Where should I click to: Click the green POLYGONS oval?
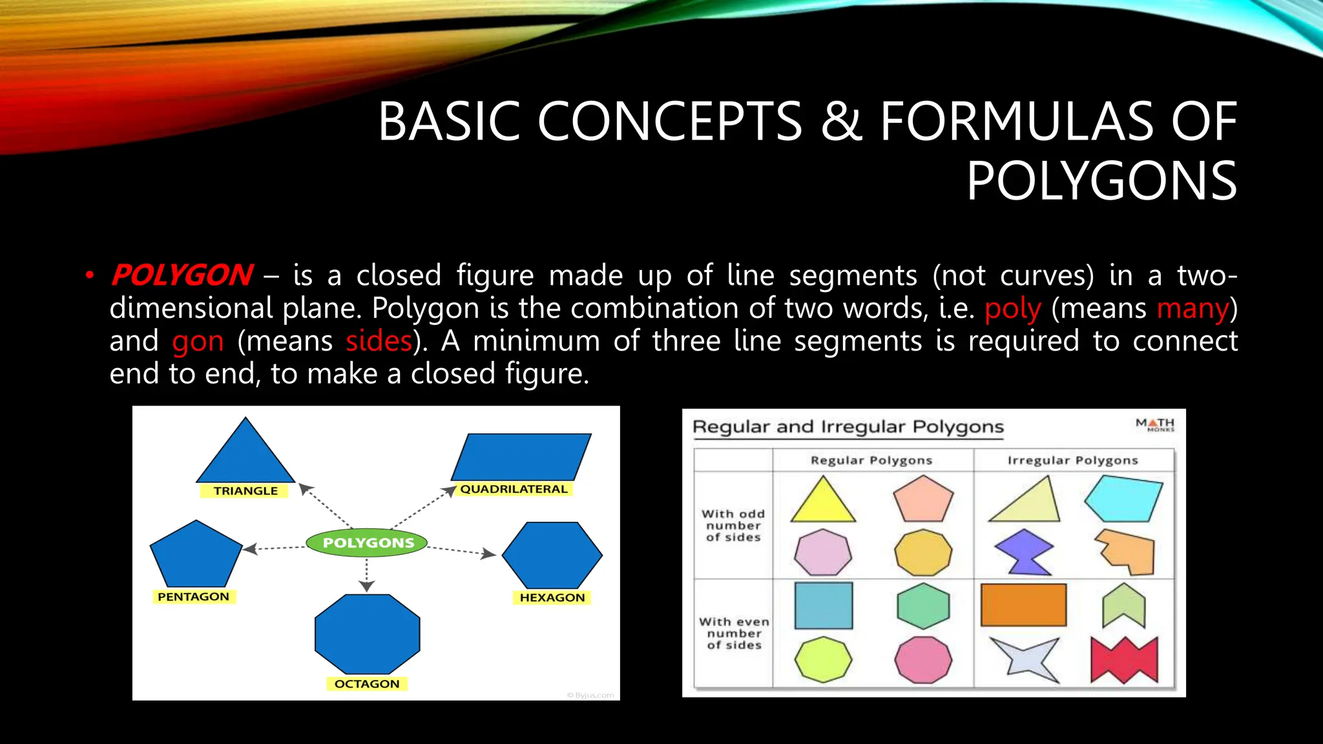[x=367, y=542]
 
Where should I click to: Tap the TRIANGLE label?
[x=245, y=491]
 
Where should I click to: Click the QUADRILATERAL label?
[x=514, y=489]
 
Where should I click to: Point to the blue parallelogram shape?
[x=521, y=457]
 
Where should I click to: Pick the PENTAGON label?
[x=193, y=597]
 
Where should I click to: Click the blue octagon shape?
[x=367, y=634]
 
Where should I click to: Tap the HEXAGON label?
[x=552, y=597]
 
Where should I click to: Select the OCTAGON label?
[x=367, y=683]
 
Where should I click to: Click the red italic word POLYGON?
[x=182, y=275]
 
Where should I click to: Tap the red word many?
[x=1193, y=308]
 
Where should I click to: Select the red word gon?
[x=198, y=341]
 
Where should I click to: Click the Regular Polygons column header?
[x=871, y=460]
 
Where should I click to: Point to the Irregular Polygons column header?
[x=1072, y=460]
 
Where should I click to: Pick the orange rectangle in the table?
[x=1023, y=605]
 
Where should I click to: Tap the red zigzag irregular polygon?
[x=1124, y=661]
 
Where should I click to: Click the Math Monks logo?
[x=1156, y=424]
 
